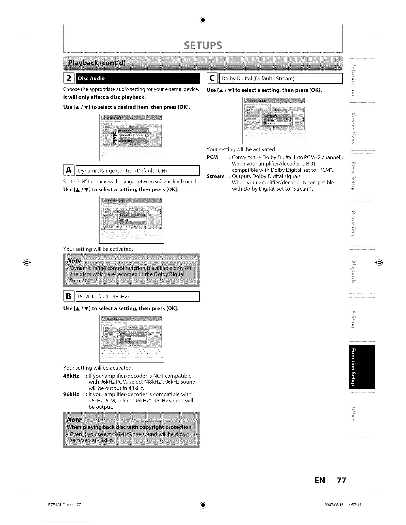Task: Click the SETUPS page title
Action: click(203, 45)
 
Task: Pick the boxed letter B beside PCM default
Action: click(68, 296)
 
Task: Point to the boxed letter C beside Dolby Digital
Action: click(211, 78)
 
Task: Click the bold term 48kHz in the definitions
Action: click(71, 376)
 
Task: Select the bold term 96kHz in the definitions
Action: click(71, 394)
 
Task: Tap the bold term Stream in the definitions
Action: click(215, 176)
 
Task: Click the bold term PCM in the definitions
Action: click(212, 157)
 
